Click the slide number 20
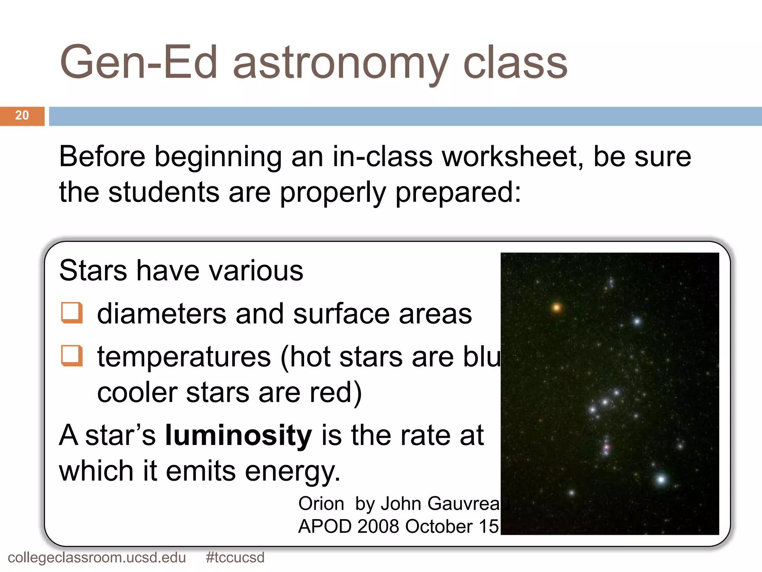point(22,115)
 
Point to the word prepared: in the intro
point(458,193)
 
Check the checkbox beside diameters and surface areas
point(71,312)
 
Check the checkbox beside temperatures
point(71,356)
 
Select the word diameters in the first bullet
point(161,314)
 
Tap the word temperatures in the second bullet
point(184,357)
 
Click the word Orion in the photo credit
point(321,503)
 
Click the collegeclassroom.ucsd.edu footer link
point(97,557)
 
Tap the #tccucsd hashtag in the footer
point(235,557)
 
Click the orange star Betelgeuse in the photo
point(557,308)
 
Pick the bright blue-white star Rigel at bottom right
point(661,479)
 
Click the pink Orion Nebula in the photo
point(606,447)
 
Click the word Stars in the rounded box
point(93,270)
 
